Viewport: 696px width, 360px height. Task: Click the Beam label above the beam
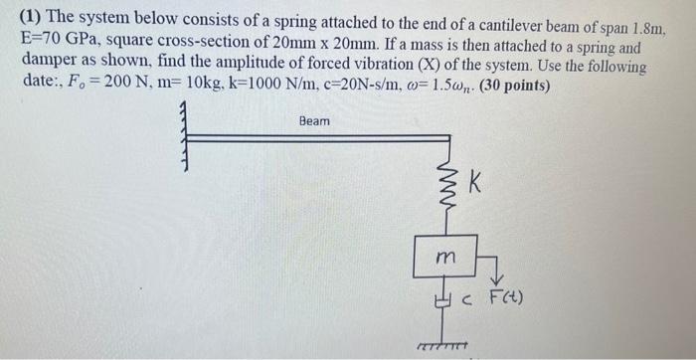[x=314, y=121]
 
